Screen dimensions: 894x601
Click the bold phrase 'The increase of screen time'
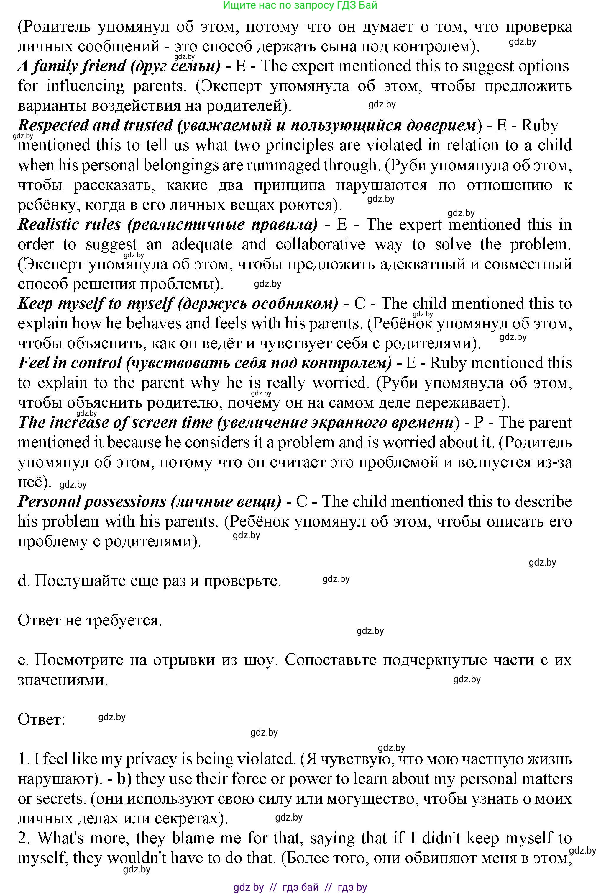coord(115,423)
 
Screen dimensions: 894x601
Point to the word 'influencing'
coord(85,86)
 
